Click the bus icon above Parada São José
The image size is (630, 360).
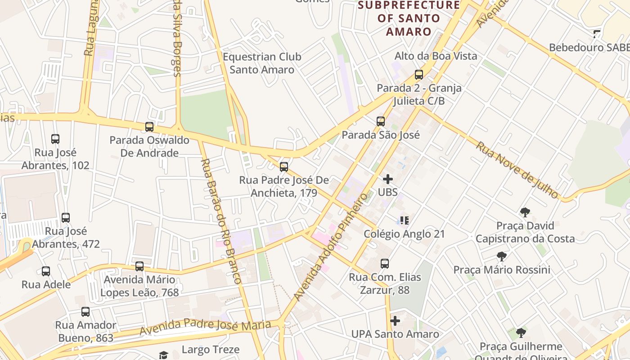381,121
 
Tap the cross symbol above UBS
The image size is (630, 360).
388,179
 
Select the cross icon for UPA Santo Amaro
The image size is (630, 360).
395,321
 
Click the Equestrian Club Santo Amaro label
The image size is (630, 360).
262,63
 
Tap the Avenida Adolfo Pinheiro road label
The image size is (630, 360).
330,247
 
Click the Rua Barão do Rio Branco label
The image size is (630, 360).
221,220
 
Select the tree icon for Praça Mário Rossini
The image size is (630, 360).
502,256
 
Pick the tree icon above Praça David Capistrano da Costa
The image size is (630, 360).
525,212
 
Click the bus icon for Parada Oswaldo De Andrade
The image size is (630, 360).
149,127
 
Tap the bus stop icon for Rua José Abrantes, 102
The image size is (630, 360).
55,139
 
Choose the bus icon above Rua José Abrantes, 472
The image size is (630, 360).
66,218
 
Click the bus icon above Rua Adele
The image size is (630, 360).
46,271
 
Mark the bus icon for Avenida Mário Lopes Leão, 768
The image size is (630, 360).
139,266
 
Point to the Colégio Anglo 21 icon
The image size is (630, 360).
404,220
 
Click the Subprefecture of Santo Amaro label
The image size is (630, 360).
409,18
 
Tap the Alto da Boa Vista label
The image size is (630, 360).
436,56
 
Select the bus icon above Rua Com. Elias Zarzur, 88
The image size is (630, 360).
385,264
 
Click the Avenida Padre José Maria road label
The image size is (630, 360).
205,327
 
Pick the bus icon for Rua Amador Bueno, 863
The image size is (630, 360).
85,312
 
